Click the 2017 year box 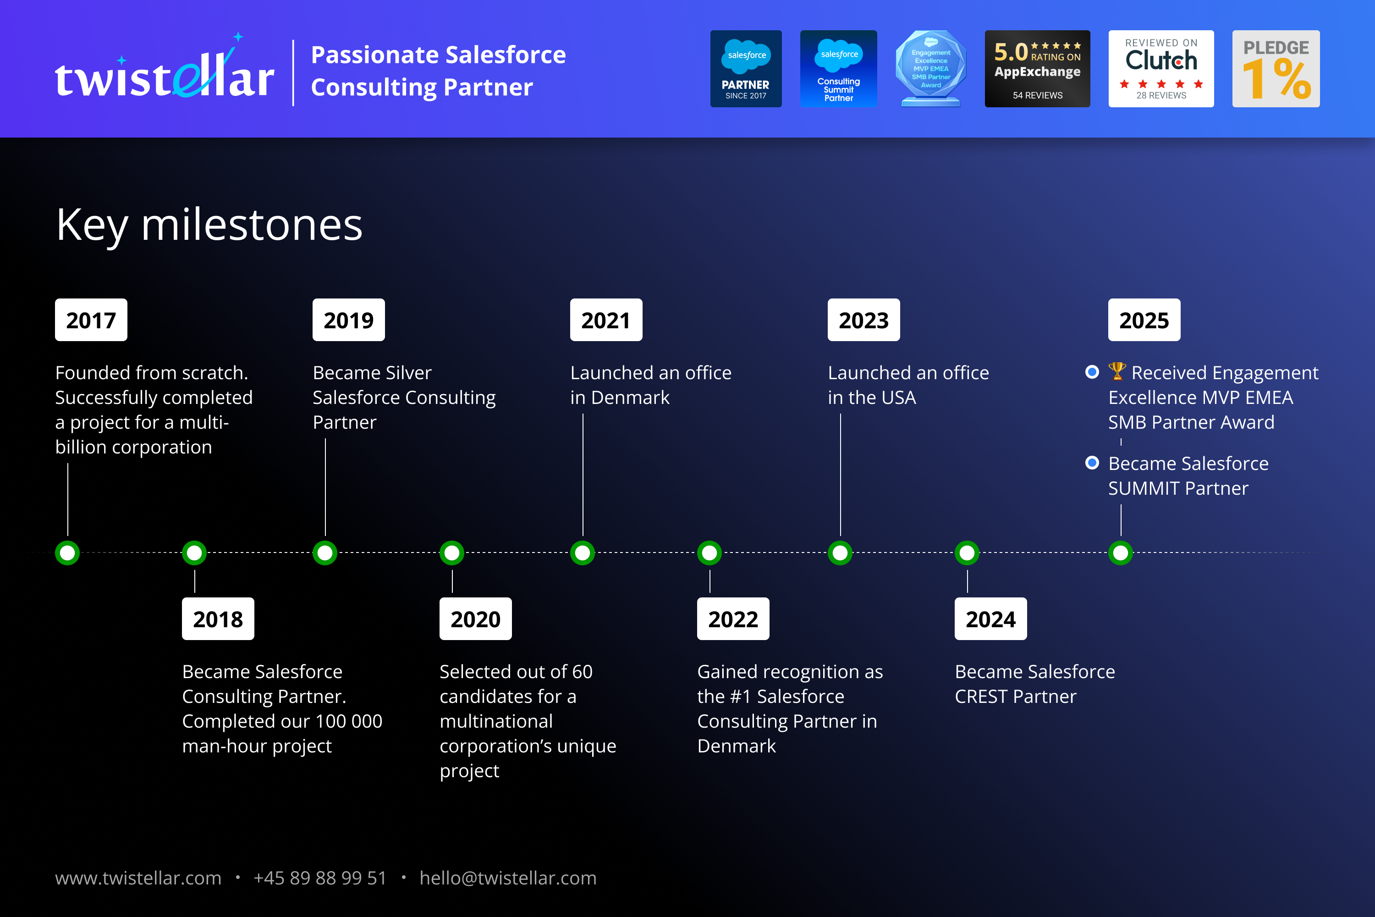click(x=91, y=320)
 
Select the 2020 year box click(x=475, y=619)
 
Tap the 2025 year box click(x=1144, y=320)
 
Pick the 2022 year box click(x=733, y=619)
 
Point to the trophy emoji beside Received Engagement click(x=1117, y=371)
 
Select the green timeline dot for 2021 click(x=582, y=552)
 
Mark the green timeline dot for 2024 click(x=967, y=552)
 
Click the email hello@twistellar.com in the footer click(x=508, y=878)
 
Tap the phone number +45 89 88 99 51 click(x=320, y=878)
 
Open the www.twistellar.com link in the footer click(x=138, y=878)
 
